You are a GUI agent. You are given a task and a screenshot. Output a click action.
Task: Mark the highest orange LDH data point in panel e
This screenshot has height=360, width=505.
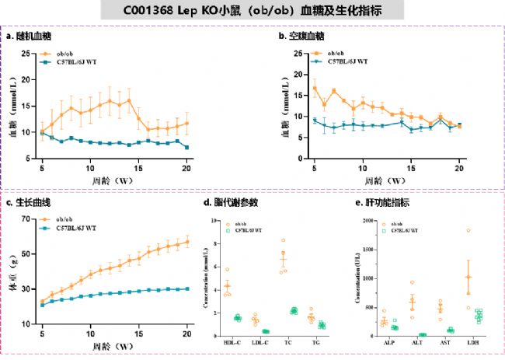coord(468,230)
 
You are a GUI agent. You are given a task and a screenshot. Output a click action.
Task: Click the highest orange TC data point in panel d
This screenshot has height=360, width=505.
coord(284,240)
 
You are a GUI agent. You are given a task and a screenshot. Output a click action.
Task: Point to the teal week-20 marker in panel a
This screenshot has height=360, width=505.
coord(186,147)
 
